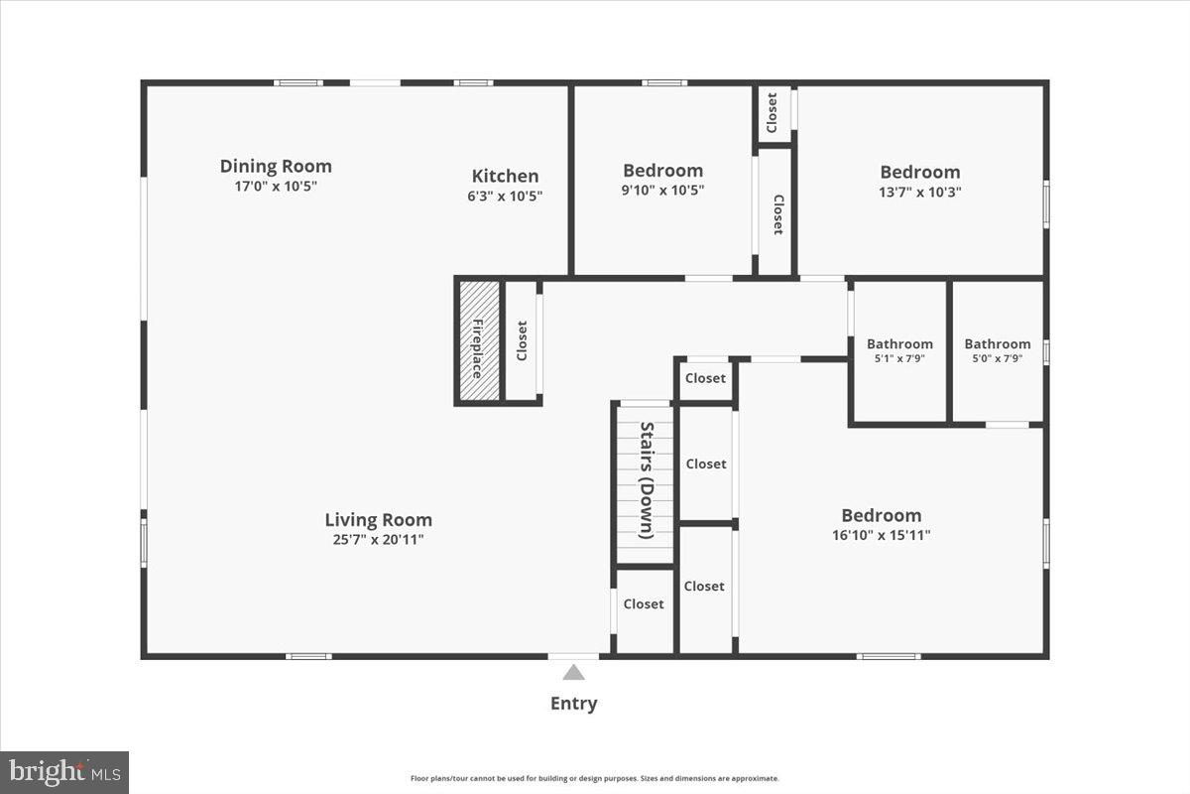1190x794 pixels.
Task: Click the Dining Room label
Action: [x=276, y=166]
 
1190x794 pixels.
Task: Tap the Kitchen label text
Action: [x=505, y=176]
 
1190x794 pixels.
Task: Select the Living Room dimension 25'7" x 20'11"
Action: [x=378, y=539]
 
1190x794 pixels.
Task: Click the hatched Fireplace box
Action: [x=479, y=341]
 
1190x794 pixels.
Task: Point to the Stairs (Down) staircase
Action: [x=645, y=481]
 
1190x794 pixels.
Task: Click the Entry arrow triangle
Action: [x=574, y=673]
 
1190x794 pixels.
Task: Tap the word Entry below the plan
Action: [x=574, y=704]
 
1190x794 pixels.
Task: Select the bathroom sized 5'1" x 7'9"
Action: [x=899, y=350]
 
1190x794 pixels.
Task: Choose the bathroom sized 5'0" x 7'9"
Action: [x=997, y=350]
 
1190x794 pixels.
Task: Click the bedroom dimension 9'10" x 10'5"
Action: [x=662, y=190]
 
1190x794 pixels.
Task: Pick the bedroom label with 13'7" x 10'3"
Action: [x=920, y=172]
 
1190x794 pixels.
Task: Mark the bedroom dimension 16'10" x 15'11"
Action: [x=881, y=535]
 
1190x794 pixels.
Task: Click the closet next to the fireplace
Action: [x=522, y=341]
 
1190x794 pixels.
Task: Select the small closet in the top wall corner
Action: [x=773, y=113]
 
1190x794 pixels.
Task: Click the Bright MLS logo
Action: [x=64, y=771]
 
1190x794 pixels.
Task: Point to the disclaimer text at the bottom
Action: [x=595, y=778]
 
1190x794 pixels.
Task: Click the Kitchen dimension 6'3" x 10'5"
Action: [x=505, y=196]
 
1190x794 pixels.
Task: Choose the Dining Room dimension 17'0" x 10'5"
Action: [x=276, y=186]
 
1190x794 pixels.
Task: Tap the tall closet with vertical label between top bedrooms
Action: [x=775, y=213]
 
